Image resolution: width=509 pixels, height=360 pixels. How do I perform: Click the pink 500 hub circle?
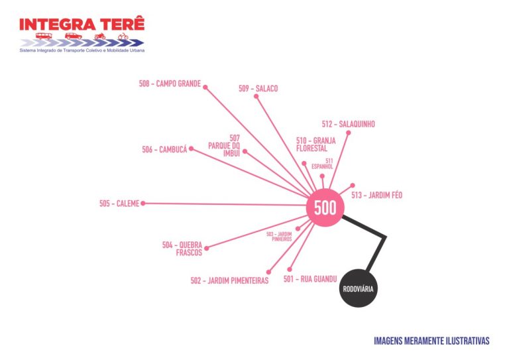click(x=325, y=208)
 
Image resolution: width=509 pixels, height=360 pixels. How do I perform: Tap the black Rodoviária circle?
click(x=359, y=288)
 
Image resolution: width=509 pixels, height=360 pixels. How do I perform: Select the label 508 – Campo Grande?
click(x=170, y=84)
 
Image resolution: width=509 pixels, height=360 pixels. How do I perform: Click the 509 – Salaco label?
click(x=258, y=89)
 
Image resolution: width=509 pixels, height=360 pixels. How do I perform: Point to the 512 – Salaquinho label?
click(x=349, y=124)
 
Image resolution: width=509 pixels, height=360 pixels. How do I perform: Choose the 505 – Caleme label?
click(x=119, y=204)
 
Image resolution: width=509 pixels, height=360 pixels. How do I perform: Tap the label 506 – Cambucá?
click(x=164, y=149)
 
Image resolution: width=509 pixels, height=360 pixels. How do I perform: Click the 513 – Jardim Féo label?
click(x=377, y=195)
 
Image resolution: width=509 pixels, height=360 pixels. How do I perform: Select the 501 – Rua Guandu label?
click(x=310, y=279)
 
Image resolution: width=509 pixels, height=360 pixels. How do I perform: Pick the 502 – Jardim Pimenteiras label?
click(x=229, y=280)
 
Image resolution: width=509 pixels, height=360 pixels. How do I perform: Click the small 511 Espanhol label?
click(x=322, y=164)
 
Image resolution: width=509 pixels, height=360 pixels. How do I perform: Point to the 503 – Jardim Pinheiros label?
click(x=279, y=236)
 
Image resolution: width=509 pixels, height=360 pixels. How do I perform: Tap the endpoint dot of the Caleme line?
click(x=143, y=204)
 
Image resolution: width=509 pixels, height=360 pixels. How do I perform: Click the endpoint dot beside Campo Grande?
click(x=205, y=88)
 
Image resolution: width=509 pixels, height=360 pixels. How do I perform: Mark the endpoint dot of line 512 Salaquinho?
click(x=349, y=133)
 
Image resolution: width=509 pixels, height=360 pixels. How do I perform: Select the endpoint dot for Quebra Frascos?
click(x=207, y=249)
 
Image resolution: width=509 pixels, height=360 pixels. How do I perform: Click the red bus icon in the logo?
click(x=44, y=36)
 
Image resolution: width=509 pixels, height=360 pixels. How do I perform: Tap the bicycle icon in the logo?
click(x=123, y=36)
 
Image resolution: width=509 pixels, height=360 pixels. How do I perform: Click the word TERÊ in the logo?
click(x=122, y=25)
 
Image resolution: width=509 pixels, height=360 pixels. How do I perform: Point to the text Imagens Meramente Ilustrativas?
click(x=431, y=341)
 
